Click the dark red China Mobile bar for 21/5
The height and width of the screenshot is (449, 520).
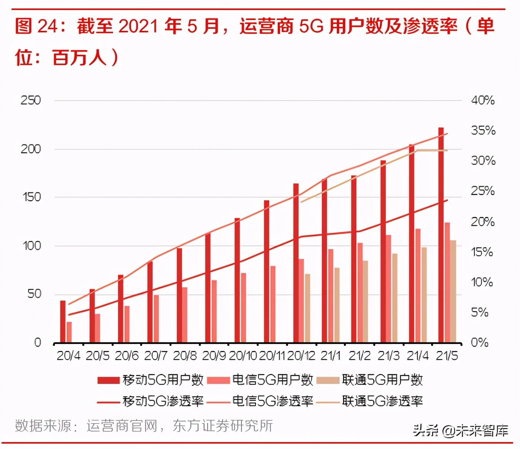441,235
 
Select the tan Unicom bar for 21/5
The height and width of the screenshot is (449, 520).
453,292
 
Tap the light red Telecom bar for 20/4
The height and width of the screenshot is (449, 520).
69,332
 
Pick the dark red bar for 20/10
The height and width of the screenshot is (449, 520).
237,280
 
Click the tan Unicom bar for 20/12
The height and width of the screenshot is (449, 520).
307,308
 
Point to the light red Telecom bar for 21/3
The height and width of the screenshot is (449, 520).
388,289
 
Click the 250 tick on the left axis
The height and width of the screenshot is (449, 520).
30,101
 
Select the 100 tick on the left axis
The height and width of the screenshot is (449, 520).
32,246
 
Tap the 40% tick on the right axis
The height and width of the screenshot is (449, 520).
483,101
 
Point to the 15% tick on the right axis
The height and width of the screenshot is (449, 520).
482,252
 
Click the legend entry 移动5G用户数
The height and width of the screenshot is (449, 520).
150,380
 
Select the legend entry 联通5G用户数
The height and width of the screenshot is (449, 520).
370,380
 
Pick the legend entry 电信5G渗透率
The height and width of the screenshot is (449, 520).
260,401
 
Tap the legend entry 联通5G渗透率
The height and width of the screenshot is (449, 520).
370,401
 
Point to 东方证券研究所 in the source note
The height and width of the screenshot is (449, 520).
223,426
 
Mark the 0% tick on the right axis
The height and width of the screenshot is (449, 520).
479,342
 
